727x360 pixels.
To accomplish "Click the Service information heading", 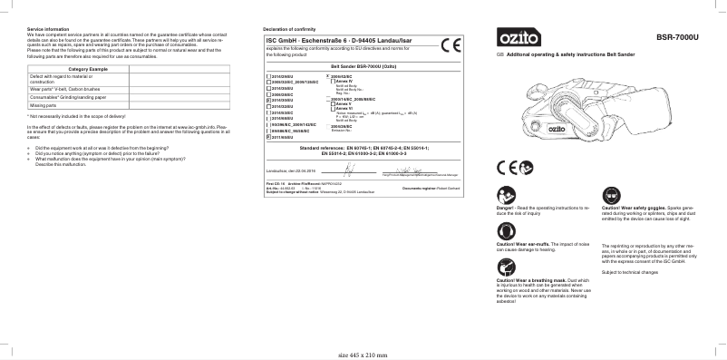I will pos(47,30).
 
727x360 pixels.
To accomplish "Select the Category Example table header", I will pos(89,70).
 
